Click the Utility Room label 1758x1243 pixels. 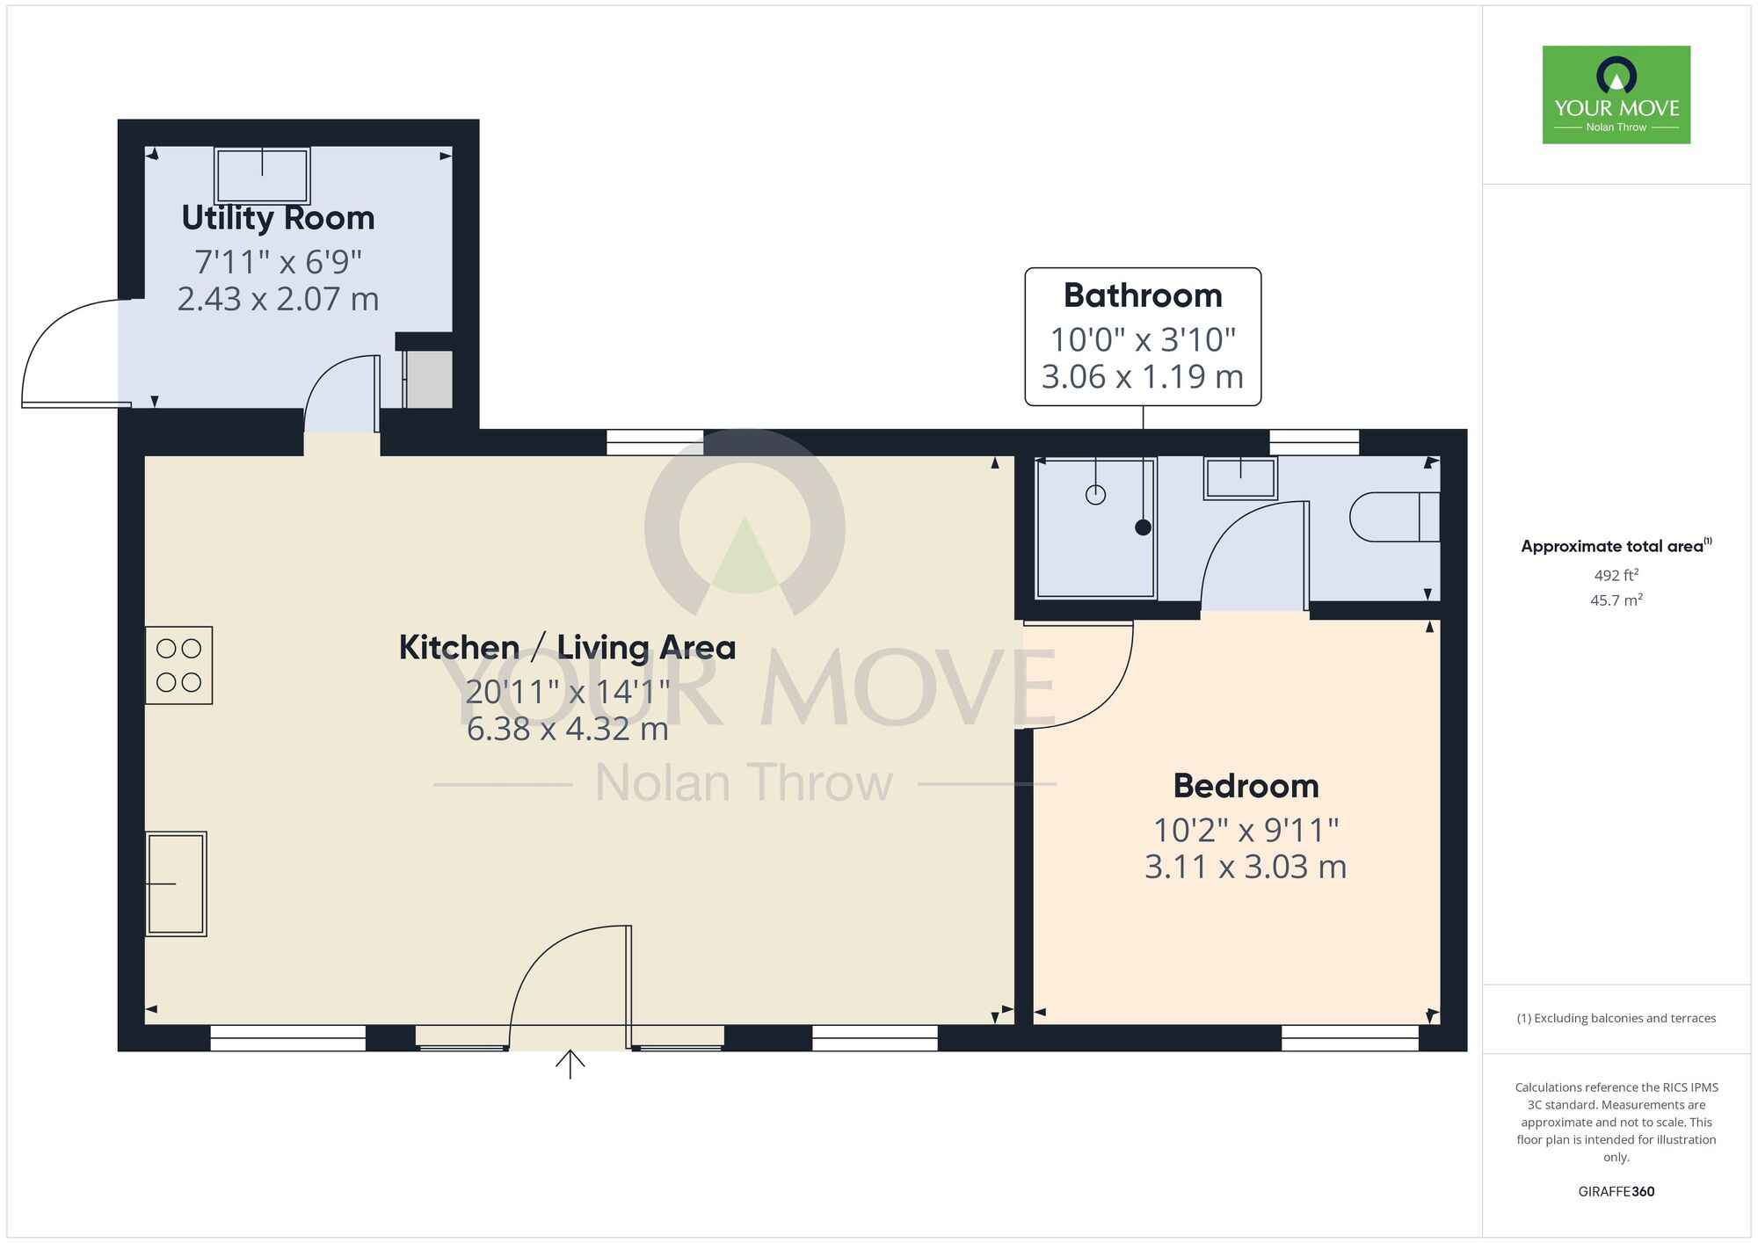click(278, 218)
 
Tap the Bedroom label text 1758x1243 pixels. click(1246, 786)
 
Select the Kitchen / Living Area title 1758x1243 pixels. click(567, 648)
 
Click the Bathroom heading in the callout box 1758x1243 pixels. click(1143, 295)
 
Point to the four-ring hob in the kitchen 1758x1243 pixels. click(178, 665)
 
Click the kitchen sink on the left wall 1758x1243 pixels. click(177, 883)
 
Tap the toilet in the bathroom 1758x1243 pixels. click(1393, 517)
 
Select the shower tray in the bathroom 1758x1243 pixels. click(1095, 528)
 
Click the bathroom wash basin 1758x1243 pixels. click(1240, 478)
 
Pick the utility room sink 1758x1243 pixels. click(262, 176)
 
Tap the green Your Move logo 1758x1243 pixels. click(1616, 95)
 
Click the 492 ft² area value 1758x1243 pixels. click(1616, 576)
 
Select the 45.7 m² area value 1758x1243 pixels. click(1616, 600)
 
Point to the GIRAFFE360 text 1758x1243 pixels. click(1616, 1192)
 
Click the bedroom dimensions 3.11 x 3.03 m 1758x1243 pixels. click(1246, 868)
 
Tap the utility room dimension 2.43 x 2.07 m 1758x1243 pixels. click(278, 300)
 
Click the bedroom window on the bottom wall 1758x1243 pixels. click(1349, 1038)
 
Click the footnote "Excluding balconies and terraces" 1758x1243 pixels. click(1616, 1019)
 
